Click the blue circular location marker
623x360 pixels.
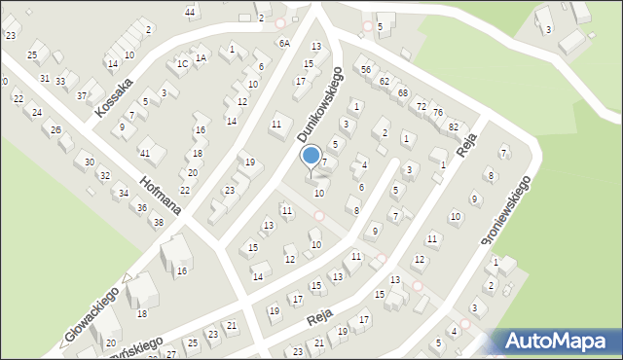coord(311,156)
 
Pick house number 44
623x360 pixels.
coord(190,12)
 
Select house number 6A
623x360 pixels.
coord(284,44)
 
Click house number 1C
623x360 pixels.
coord(182,64)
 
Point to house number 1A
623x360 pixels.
coord(201,57)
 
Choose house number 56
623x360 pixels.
coord(366,70)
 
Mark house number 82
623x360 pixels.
coord(453,127)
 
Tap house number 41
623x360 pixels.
coord(145,154)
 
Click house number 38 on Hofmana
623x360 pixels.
coord(158,223)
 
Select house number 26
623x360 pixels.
coord(56,130)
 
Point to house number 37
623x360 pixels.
coord(82,96)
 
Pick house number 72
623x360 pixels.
coord(421,105)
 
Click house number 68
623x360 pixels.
coord(402,92)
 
